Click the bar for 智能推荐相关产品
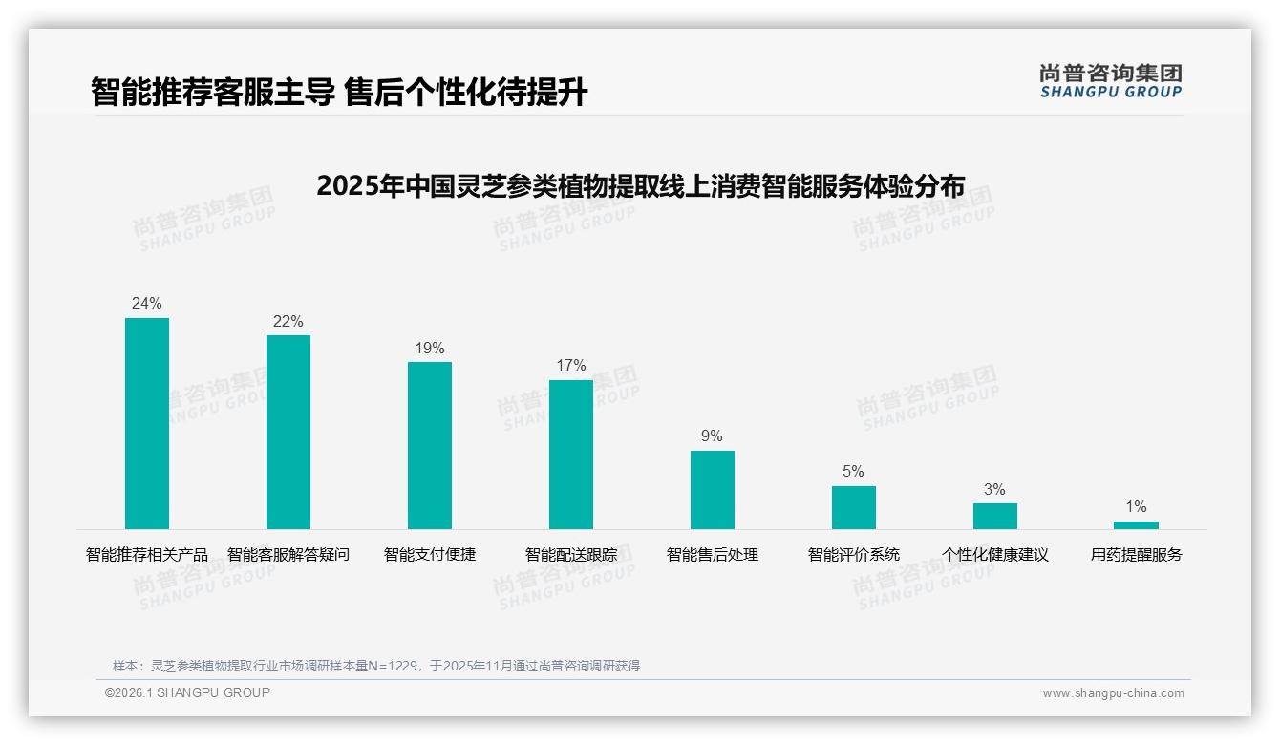pyautogui.click(x=147, y=423)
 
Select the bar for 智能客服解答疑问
pyautogui.click(x=288, y=432)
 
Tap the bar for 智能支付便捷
pyautogui.click(x=430, y=445)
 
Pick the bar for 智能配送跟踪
pyautogui.click(x=571, y=455)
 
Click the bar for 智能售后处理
pyautogui.click(x=713, y=490)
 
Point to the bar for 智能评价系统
pyautogui.click(x=854, y=507)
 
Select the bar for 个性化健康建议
pyautogui.click(x=995, y=516)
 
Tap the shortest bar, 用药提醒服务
pyautogui.click(x=1136, y=525)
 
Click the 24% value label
pyautogui.click(x=147, y=304)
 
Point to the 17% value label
pyautogui.click(x=571, y=366)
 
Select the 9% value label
pyautogui.click(x=713, y=436)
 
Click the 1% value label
pyautogui.click(x=1136, y=507)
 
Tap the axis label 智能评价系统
pyautogui.click(x=854, y=555)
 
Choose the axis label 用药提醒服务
pyautogui.click(x=1136, y=555)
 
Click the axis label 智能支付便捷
pyautogui.click(x=430, y=555)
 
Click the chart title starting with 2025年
pyautogui.click(x=640, y=185)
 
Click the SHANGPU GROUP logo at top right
pyautogui.click(x=1110, y=81)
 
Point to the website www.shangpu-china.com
pyautogui.click(x=1113, y=693)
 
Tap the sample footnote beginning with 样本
pyautogui.click(x=376, y=666)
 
